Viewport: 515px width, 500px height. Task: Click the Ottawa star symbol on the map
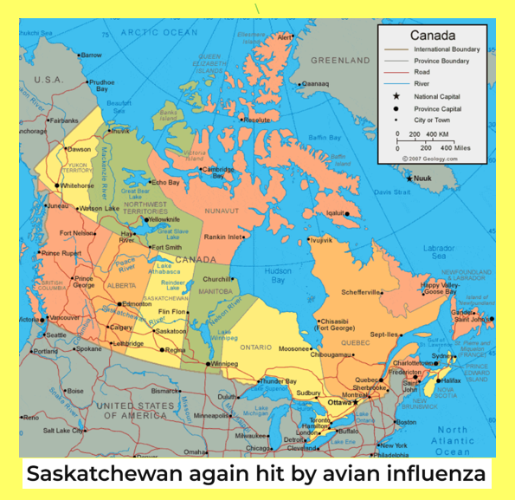(x=354, y=403)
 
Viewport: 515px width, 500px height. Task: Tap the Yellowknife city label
(x=164, y=219)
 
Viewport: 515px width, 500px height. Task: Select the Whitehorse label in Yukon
(x=77, y=185)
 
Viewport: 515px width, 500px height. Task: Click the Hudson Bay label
(x=278, y=276)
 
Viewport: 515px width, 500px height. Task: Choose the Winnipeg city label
(x=223, y=364)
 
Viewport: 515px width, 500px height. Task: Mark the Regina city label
(x=176, y=350)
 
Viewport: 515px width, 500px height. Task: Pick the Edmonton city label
(x=137, y=304)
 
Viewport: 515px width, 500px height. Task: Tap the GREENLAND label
(x=340, y=61)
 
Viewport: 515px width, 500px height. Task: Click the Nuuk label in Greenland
(x=422, y=178)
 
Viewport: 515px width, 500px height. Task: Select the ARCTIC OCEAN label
(x=159, y=32)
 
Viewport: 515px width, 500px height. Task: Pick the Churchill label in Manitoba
(x=216, y=279)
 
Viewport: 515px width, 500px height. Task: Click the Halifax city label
(x=451, y=380)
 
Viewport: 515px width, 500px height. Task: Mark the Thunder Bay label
(x=279, y=380)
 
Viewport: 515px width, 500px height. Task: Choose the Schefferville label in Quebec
(x=361, y=292)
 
